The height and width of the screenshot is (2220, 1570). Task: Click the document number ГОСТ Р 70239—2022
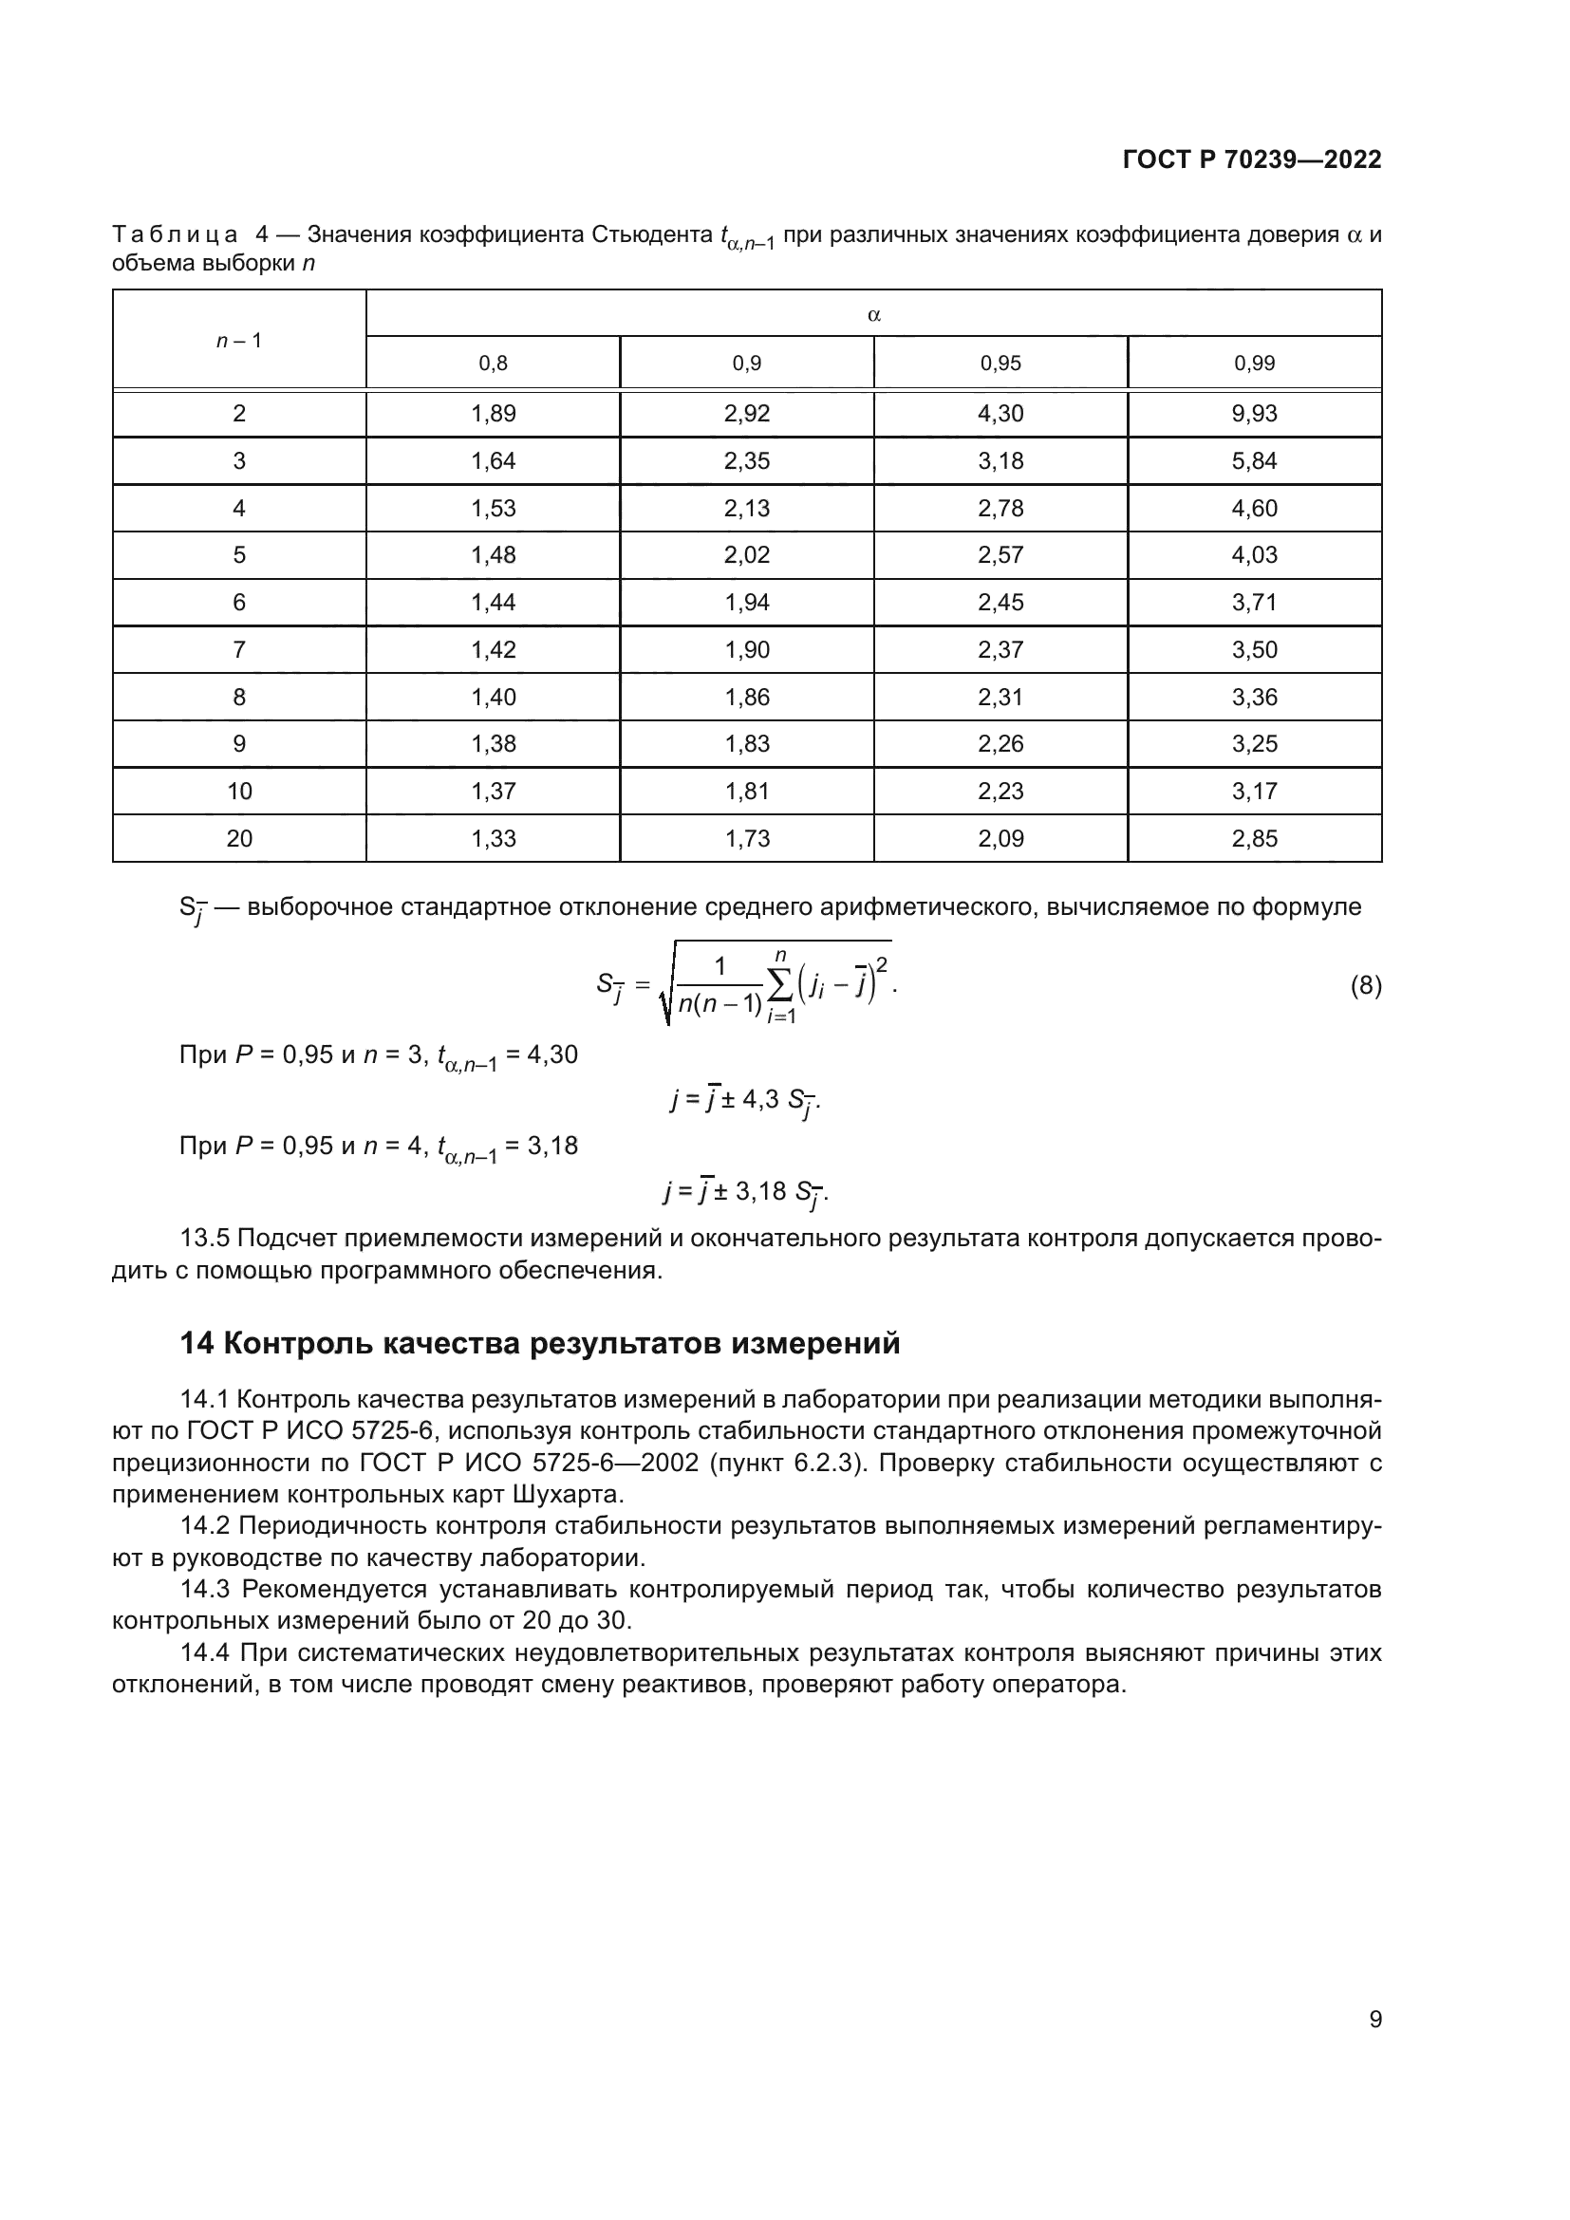coord(1252,159)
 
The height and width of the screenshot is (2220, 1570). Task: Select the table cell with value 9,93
coord(1254,414)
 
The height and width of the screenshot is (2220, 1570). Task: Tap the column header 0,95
coord(1000,364)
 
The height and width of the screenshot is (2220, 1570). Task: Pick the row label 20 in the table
coord(239,838)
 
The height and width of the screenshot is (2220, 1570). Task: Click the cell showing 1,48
coord(493,555)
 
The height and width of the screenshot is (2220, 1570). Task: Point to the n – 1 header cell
coord(239,341)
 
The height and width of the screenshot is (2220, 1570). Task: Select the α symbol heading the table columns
coord(874,314)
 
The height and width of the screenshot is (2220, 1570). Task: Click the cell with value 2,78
coord(1000,509)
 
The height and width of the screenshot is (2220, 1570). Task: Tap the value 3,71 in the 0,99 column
coord(1254,603)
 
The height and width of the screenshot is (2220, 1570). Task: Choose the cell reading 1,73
coord(747,838)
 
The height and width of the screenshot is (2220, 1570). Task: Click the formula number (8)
coord(1365,986)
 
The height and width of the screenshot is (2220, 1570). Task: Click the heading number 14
coord(197,1344)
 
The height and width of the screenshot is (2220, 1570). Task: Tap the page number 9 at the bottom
coord(1375,2019)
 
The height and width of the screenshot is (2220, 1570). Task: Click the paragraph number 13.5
coord(204,1239)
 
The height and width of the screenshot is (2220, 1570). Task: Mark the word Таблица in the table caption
coord(175,235)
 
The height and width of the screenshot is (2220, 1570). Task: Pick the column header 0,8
coord(493,364)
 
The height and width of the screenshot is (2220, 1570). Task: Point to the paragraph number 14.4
coord(205,1652)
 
